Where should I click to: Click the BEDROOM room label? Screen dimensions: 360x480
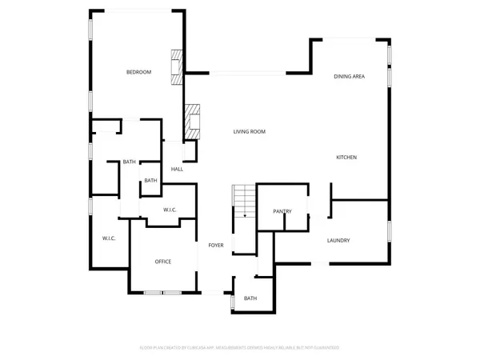tap(138, 73)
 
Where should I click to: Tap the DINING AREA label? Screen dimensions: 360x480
tap(350, 76)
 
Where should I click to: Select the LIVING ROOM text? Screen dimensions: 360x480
tap(250, 131)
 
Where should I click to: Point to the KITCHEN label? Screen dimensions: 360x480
tap(346, 157)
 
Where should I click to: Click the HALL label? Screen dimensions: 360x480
tap(177, 169)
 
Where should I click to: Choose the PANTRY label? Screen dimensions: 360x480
tap(282, 211)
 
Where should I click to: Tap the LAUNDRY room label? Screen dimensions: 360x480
tap(338, 240)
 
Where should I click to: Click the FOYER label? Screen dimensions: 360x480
tap(216, 245)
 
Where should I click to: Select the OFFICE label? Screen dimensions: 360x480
tap(163, 262)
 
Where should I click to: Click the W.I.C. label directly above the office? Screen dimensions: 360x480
tap(170, 210)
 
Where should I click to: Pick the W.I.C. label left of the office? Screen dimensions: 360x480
tap(110, 239)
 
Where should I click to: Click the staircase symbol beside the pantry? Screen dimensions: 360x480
tap(243, 199)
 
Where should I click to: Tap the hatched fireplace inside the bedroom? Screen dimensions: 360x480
tap(177, 67)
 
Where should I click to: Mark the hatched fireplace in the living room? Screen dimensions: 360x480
tap(191, 121)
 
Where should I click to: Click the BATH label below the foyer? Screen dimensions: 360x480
tap(250, 298)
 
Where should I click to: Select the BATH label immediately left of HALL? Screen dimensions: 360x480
tap(150, 181)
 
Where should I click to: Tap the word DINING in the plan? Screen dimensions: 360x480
tap(342, 76)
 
